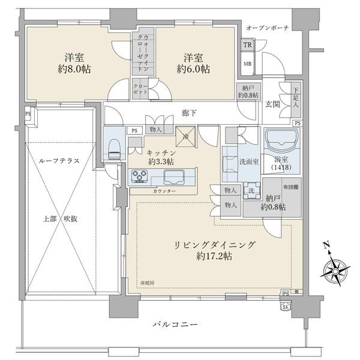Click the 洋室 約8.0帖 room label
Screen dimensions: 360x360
75,63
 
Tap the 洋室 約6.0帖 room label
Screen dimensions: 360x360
193,63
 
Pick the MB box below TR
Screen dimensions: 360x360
247,63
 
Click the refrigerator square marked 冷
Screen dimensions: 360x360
184,136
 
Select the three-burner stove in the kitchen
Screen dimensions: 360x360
142,176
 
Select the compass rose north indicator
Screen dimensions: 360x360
336,269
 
